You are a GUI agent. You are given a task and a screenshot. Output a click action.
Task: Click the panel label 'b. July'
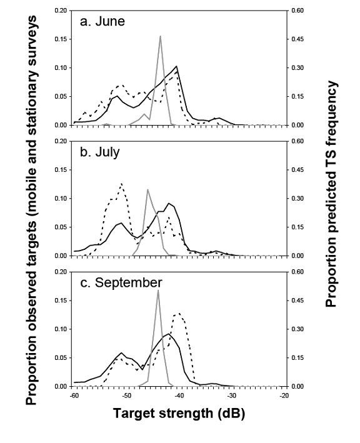pos(101,152)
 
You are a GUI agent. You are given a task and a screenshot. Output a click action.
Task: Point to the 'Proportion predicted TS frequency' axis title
pos(332,194)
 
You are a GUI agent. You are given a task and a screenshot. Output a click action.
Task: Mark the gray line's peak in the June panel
pos(161,36)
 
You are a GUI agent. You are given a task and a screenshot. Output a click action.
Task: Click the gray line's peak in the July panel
pos(147,189)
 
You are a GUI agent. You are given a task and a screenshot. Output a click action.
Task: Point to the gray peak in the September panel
pos(158,290)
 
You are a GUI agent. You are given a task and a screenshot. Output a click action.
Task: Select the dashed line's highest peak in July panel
pos(121,183)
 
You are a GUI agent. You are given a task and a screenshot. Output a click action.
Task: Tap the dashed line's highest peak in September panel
pos(179,313)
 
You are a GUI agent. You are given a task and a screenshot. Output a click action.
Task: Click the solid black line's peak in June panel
pos(177,66)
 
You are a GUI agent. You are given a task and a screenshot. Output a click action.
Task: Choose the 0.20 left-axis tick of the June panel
pos(62,11)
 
